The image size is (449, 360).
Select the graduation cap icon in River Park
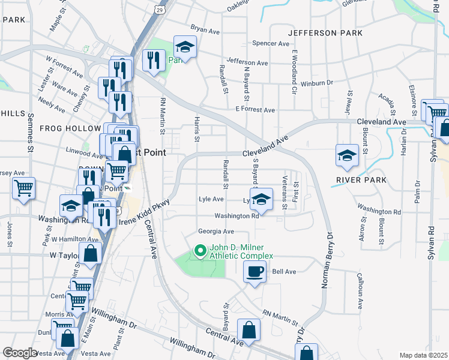click(x=347, y=155)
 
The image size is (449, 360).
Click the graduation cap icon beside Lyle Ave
click(x=261, y=199)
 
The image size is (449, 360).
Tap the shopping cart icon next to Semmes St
click(x=23, y=187)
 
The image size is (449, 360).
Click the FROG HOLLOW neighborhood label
click(x=70, y=128)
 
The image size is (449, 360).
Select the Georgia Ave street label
click(x=216, y=232)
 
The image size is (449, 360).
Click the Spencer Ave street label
click(x=271, y=43)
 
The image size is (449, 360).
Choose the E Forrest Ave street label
click(x=255, y=110)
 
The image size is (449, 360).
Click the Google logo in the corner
click(x=20, y=353)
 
